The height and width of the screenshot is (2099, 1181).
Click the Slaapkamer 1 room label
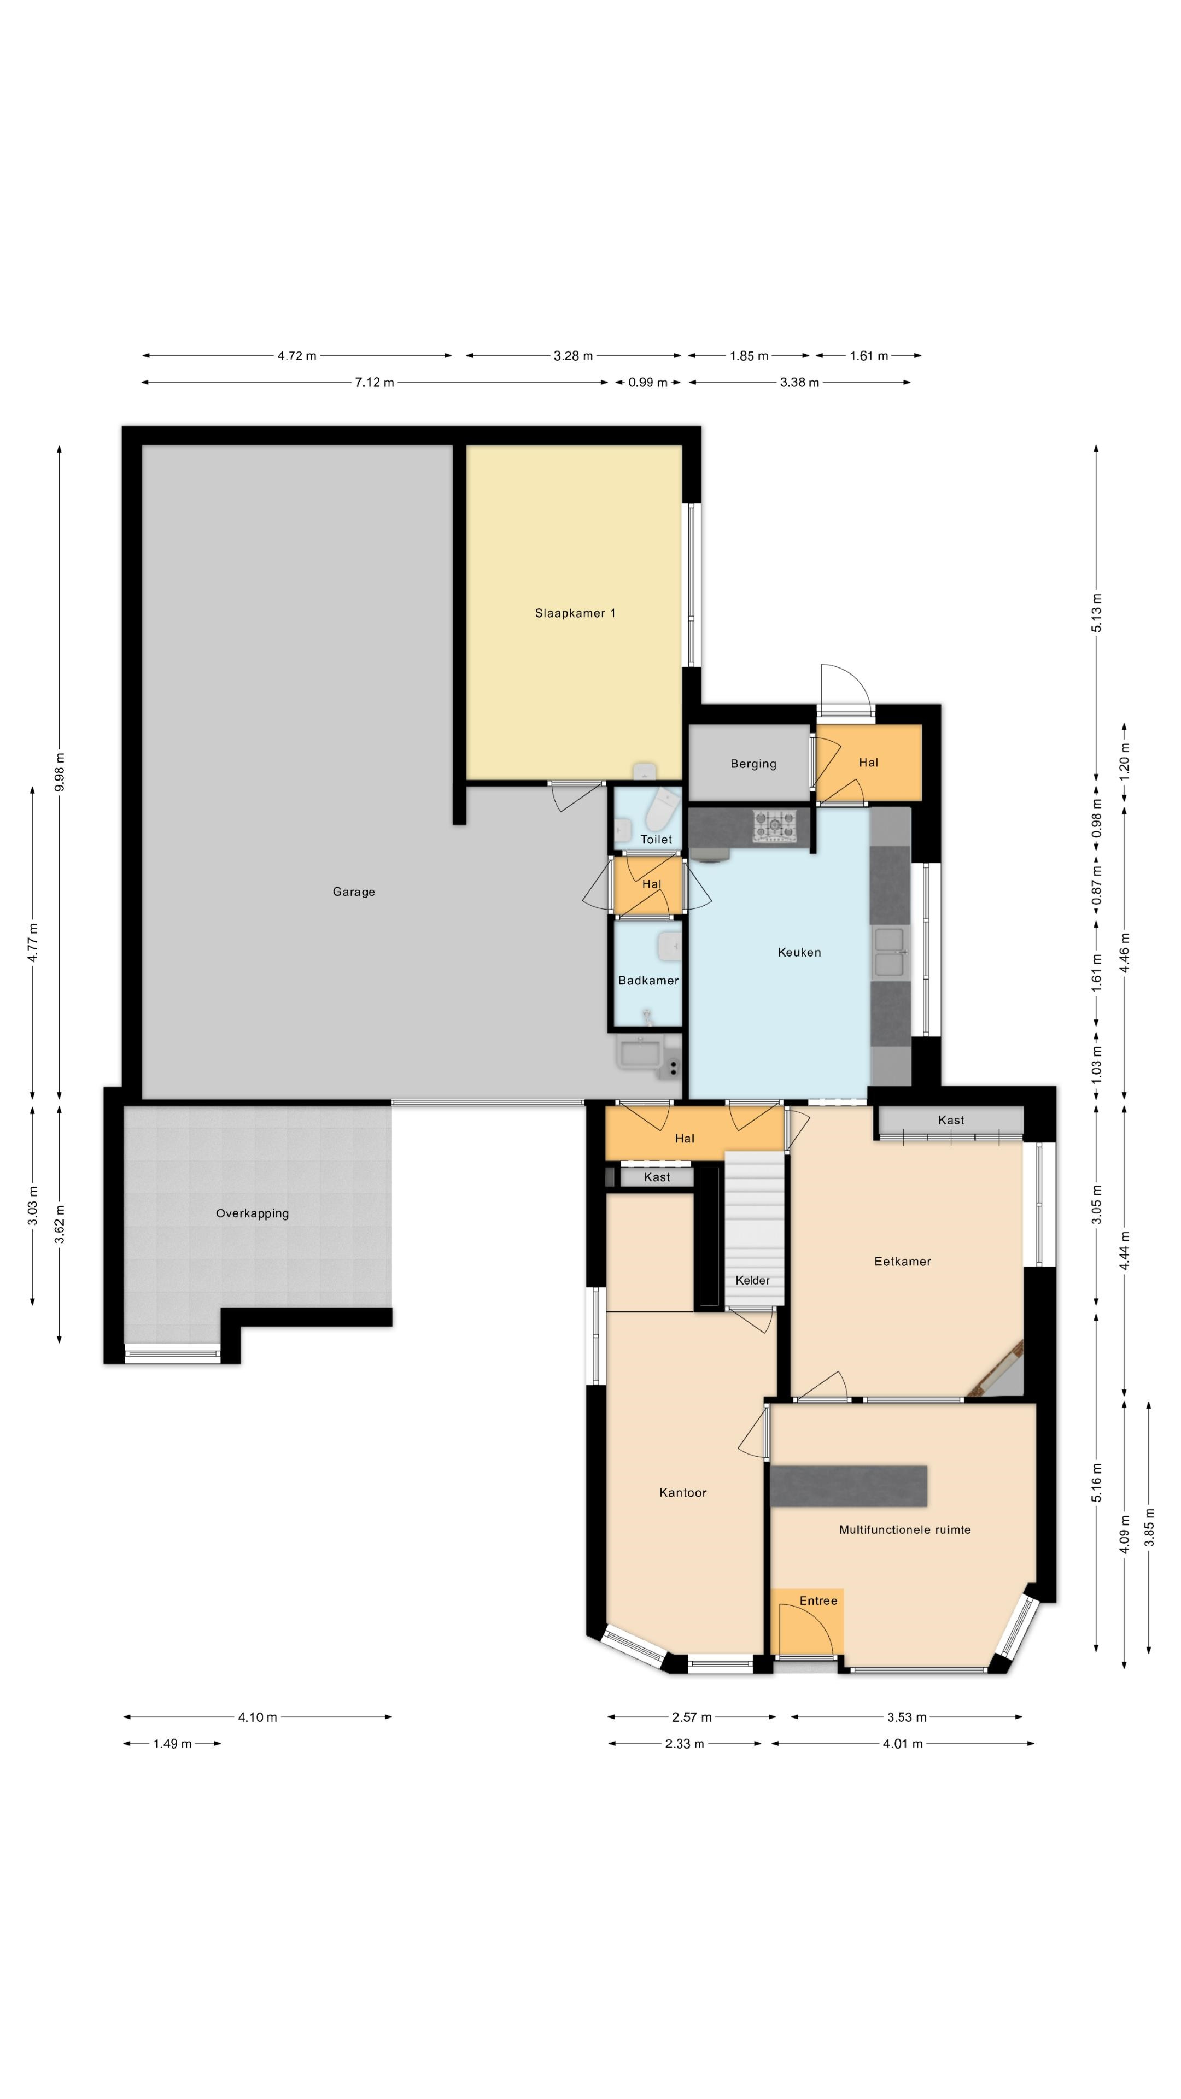(x=575, y=613)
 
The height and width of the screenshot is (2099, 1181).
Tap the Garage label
(x=354, y=892)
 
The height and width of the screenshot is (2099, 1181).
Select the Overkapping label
(x=252, y=1213)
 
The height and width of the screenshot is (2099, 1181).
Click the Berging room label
(x=753, y=764)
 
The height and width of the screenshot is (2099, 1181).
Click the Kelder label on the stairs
(x=752, y=1280)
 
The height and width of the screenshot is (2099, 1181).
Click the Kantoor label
(x=683, y=1493)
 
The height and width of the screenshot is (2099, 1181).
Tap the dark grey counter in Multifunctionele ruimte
(x=849, y=1486)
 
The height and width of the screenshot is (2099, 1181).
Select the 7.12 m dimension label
(x=374, y=382)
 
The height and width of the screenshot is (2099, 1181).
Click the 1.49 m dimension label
(x=172, y=1744)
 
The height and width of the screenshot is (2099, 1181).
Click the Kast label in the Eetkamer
(x=950, y=1119)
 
